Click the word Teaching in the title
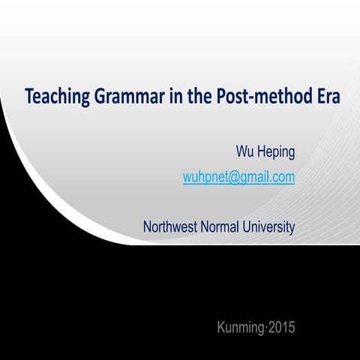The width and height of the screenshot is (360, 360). point(53,97)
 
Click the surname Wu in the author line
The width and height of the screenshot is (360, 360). point(245,152)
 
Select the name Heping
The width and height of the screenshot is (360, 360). point(275,153)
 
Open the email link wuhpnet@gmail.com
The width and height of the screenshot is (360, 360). point(238,178)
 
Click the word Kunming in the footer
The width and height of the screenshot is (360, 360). point(240,327)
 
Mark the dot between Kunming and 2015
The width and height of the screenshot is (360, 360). point(265,327)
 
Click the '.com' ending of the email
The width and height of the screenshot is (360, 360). point(283,178)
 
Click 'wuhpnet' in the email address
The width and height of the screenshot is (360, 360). point(205,178)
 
